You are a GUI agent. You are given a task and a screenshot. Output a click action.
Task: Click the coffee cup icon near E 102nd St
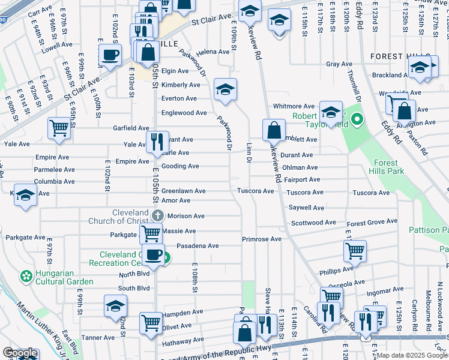tap(110, 56)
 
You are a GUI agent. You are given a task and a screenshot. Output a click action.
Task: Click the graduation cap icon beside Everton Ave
tap(226, 89)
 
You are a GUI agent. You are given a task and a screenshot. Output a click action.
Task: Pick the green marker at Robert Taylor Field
tap(357, 119)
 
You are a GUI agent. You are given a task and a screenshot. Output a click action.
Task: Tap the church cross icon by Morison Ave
tap(157, 215)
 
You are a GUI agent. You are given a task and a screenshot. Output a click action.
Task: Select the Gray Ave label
tap(339, 64)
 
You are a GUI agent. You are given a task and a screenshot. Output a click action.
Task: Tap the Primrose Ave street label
tap(262, 239)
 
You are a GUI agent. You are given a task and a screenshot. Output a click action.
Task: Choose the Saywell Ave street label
tap(306, 208)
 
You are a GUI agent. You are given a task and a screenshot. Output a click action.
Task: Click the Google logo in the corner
tap(20, 353)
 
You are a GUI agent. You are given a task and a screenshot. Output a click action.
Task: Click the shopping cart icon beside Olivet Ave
tap(151, 322)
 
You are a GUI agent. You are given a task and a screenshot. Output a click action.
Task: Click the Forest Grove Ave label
tap(368, 223)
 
